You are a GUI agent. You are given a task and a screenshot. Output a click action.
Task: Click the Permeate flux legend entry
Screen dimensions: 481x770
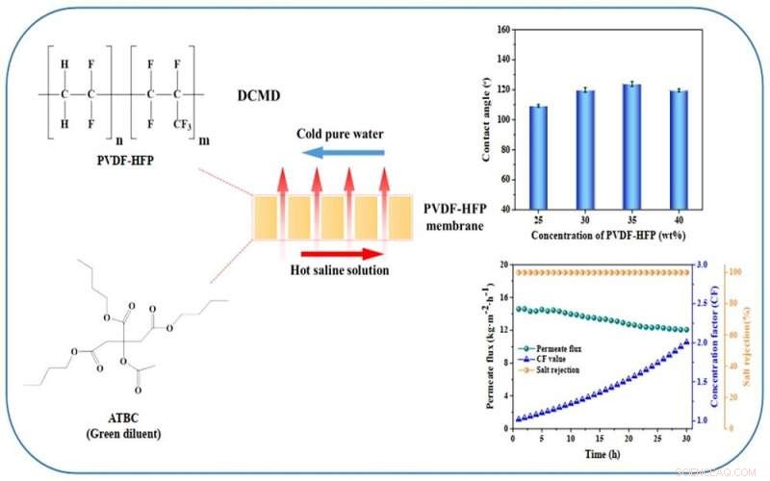555,347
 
